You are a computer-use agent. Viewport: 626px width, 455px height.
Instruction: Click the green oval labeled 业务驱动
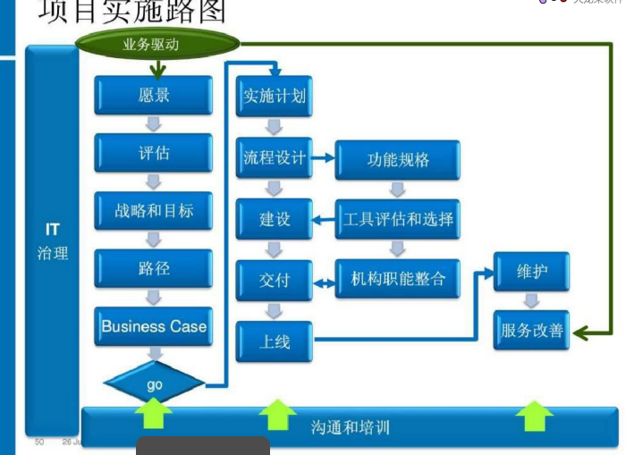tap(158, 43)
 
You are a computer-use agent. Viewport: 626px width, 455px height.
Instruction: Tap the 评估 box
tap(154, 153)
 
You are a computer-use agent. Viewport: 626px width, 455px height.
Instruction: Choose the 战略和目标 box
tap(154, 211)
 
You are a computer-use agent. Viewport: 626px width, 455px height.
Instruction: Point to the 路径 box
tap(154, 268)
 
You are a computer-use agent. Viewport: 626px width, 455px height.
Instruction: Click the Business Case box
tap(154, 326)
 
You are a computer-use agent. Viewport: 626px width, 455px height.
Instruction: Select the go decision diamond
tap(154, 384)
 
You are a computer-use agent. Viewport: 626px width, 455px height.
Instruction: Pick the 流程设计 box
tap(275, 159)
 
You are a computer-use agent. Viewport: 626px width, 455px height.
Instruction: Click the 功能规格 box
tap(398, 160)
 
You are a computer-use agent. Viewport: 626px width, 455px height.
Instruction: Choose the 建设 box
tap(275, 219)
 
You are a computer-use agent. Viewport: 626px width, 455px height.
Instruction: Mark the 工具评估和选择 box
tap(398, 219)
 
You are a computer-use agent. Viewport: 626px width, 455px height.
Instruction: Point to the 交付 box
tap(275, 280)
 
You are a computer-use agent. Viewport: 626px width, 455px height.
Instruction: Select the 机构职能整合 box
tap(398, 280)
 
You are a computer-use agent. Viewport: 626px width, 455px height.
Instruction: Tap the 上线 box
tap(275, 341)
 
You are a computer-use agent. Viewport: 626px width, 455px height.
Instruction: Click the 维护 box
tap(532, 271)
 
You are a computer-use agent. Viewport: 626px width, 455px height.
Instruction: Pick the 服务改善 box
tap(532, 330)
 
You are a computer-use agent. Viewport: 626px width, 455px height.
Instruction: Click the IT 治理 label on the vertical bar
tap(53, 241)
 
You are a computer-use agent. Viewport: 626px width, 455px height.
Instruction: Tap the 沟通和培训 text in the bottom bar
tap(351, 426)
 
